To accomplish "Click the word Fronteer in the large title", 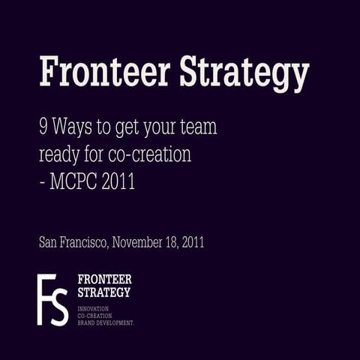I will tap(100, 73).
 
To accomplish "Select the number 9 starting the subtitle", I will tap(43, 127).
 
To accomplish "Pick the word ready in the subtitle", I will tap(61, 155).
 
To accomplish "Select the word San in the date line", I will tap(47, 243).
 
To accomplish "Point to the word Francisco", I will tap(85, 243).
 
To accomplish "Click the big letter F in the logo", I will tap(46, 298).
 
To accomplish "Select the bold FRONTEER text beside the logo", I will tap(104, 279).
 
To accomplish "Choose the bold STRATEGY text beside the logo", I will tap(104, 292).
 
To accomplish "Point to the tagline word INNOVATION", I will tap(94, 308).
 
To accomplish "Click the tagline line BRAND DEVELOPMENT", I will tap(106, 321).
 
